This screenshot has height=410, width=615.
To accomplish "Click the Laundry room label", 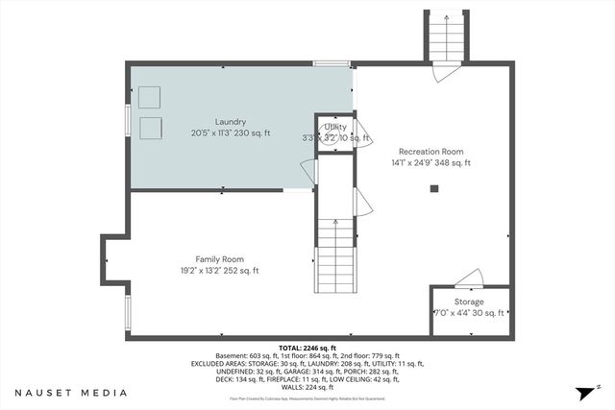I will pos(231,122).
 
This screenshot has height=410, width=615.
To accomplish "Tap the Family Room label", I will pos(219,259).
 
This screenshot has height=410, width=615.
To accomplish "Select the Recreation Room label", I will pos(431,151).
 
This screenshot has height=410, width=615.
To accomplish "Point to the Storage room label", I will pos(469,301).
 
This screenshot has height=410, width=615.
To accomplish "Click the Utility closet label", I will pos(335,127).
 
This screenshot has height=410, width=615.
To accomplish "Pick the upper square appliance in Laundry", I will pos(149,97).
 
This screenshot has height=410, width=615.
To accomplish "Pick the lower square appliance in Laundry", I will pos(149,129).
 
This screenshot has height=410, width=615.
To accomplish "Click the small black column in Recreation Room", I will pos(434,189).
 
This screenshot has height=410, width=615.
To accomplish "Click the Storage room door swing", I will pos(469,278).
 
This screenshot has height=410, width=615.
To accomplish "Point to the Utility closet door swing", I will pos(362,132).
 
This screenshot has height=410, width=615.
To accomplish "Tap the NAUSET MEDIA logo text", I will pos(72,393).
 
